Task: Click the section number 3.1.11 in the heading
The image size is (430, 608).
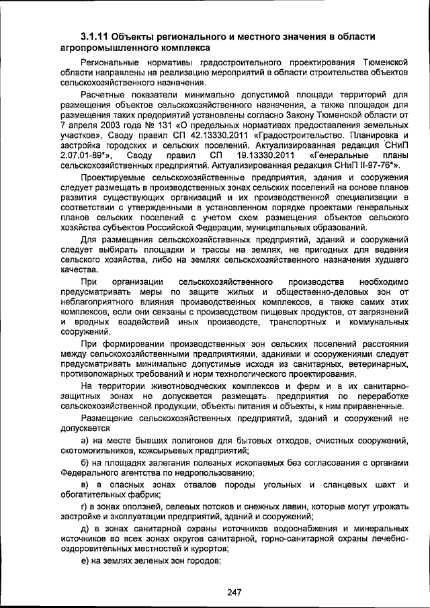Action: (93, 36)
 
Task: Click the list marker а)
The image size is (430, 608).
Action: (85, 439)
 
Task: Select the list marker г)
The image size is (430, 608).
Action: (84, 505)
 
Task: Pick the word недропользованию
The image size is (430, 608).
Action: (215, 472)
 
